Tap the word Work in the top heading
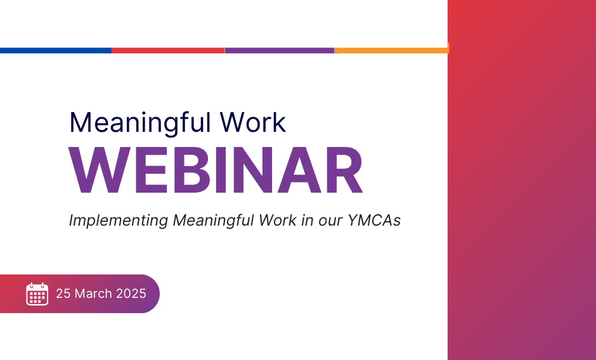(x=253, y=122)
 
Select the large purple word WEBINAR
(x=216, y=170)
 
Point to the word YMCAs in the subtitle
(x=374, y=221)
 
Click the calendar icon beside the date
(x=37, y=294)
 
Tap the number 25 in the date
(x=63, y=293)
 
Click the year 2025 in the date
(x=131, y=293)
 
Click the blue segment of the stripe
(x=56, y=51)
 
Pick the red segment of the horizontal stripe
(x=168, y=51)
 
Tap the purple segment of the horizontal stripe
(x=280, y=51)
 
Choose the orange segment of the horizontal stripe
(x=391, y=51)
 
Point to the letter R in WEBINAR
(x=343, y=170)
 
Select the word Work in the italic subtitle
(x=278, y=221)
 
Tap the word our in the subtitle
(x=330, y=222)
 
